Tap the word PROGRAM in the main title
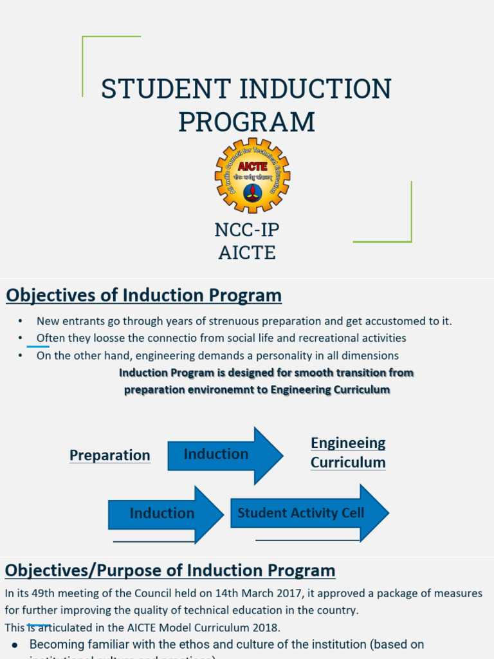247,122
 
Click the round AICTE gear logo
252,175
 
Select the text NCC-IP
247,230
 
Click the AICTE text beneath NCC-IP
247,253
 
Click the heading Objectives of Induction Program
143,295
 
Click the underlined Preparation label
109,455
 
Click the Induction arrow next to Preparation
222,454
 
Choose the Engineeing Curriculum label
348,452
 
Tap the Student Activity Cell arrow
306,513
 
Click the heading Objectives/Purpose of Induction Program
170,570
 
